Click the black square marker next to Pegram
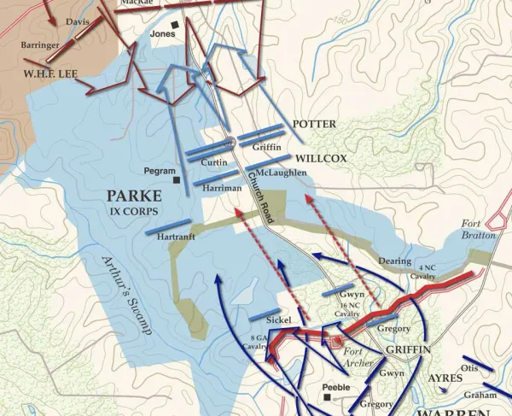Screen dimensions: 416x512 [x=177, y=180]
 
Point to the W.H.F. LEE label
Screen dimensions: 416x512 [x=50, y=74]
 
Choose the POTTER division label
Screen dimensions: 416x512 [x=314, y=124]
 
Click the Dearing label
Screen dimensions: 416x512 [x=395, y=261]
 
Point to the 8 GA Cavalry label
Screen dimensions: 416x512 [x=259, y=342]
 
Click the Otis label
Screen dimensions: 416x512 [x=468, y=369]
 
